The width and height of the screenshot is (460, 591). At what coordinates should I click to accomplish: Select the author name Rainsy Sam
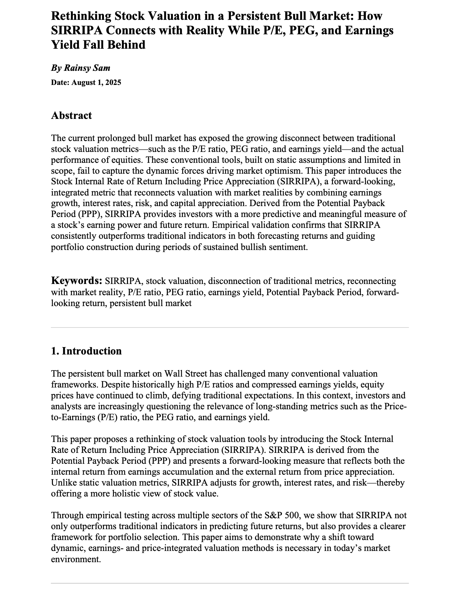(x=87, y=68)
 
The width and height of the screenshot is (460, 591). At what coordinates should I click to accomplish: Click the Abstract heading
(x=71, y=115)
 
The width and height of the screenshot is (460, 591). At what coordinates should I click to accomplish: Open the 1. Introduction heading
(x=86, y=351)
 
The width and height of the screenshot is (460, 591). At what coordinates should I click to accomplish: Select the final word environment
(x=76, y=559)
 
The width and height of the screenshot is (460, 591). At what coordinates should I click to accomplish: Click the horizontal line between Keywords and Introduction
(x=230, y=328)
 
